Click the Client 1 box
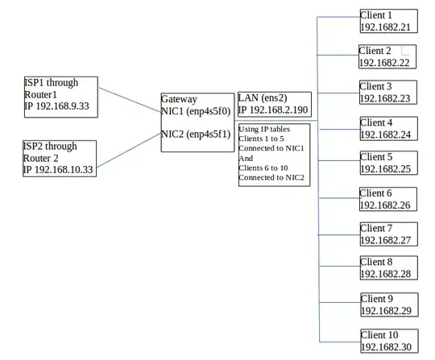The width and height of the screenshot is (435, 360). (387, 21)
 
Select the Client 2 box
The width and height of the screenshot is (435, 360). (387, 56)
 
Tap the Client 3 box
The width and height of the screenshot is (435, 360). (387, 93)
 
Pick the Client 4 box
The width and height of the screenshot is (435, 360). (387, 129)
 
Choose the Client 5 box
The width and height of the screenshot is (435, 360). (387, 163)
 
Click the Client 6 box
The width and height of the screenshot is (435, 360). (387, 199)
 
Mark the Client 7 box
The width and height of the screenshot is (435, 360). (387, 234)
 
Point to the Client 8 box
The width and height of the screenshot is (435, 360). (387, 268)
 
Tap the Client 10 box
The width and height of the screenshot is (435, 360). (387, 341)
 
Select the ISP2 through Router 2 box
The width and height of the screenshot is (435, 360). (60, 159)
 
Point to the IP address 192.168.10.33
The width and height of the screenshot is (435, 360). (58, 170)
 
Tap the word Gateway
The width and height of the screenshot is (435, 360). (179, 99)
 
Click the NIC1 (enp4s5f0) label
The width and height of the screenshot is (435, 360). (197, 111)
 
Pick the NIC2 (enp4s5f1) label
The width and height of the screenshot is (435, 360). (197, 134)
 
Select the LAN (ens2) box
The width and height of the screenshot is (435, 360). (274, 104)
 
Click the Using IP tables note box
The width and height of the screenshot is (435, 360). (273, 155)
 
